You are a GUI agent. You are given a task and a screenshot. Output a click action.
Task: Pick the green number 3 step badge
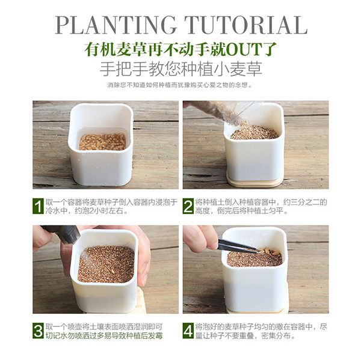(x=39, y=331)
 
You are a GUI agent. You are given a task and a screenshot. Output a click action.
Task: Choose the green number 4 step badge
(x=188, y=331)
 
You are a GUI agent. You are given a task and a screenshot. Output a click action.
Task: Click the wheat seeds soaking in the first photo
(x=102, y=141)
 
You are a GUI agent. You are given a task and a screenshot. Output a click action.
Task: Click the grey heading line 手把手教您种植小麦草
(x=180, y=68)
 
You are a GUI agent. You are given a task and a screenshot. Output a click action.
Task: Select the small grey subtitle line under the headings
(x=180, y=85)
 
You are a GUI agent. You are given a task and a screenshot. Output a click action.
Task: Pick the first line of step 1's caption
(x=111, y=202)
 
